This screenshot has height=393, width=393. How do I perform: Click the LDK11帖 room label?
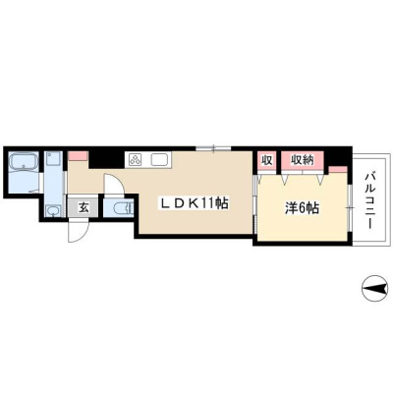pos(194,204)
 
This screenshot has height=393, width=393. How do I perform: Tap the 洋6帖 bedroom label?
pos(302,208)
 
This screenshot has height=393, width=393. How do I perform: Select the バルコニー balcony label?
pos(370,200)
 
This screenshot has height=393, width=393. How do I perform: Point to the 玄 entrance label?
pos(84,208)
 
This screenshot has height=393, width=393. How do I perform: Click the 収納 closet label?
pos(303,160)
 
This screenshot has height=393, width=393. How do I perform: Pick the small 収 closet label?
pos(267,160)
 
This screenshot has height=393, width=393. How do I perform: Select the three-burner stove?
pos(136,159)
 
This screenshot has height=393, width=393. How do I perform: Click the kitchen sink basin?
pos(160,159)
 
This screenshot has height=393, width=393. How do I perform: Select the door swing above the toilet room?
pos(114,184)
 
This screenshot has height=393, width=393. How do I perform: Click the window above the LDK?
pos(213,148)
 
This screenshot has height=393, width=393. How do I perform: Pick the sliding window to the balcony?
pos(350,208)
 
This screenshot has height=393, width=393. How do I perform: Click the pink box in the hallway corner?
pos(79,155)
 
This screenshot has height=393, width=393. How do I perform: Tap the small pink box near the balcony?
pos(338,169)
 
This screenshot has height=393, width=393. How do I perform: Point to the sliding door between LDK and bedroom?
pos(255,204)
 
